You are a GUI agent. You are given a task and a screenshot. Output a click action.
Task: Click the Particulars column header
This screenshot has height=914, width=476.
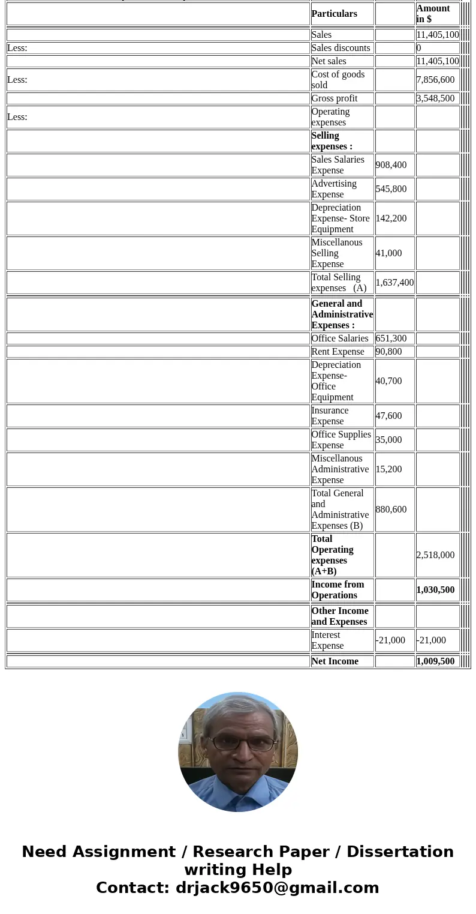click(x=334, y=14)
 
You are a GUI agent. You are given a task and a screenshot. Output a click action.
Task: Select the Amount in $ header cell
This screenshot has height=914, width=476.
click(x=433, y=14)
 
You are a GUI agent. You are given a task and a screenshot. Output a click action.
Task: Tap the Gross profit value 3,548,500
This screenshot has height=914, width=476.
click(x=435, y=98)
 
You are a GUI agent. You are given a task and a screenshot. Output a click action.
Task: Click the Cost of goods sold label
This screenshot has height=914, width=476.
click(x=338, y=80)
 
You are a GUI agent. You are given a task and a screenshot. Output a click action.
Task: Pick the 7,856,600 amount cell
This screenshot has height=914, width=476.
click(x=435, y=80)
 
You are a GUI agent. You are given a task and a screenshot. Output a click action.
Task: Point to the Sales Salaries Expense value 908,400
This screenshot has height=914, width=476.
click(x=391, y=165)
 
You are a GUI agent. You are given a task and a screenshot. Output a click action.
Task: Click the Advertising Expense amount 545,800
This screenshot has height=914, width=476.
click(x=391, y=189)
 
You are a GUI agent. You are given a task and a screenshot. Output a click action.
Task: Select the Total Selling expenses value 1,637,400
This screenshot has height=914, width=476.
click(x=394, y=283)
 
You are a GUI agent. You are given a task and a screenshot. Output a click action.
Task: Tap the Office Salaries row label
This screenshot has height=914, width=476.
click(x=340, y=338)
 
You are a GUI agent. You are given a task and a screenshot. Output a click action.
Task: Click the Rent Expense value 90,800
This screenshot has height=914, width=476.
click(x=388, y=352)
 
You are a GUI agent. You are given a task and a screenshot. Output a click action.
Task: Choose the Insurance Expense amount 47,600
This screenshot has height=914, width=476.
click(x=388, y=416)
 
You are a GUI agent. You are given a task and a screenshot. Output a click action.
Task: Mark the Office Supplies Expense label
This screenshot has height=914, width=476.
click(x=341, y=440)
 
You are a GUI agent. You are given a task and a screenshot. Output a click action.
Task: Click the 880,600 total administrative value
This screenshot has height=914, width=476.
click(x=391, y=510)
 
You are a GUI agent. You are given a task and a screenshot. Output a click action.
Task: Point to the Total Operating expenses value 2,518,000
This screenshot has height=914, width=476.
click(x=435, y=555)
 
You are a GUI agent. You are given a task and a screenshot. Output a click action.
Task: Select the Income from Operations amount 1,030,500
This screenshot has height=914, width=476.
click(x=435, y=590)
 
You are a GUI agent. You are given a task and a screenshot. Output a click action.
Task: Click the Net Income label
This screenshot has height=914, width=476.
click(x=335, y=661)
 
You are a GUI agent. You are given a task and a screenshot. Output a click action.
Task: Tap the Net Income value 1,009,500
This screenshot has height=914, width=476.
click(x=435, y=661)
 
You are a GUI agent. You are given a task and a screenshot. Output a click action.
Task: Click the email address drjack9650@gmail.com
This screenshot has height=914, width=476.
click(x=277, y=888)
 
